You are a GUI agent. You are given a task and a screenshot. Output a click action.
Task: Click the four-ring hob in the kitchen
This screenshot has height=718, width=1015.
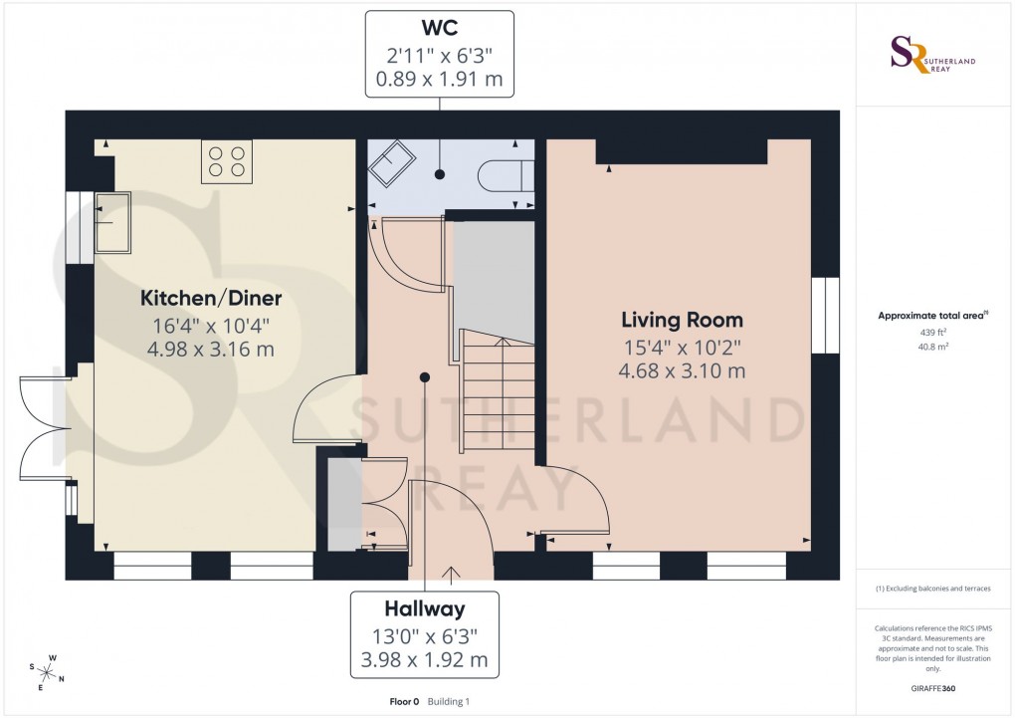pyautogui.click(x=226, y=161)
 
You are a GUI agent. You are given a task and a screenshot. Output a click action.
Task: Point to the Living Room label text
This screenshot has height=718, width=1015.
pyautogui.click(x=682, y=321)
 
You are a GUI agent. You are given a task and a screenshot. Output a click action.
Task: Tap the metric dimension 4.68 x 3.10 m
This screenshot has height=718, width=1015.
pyautogui.click(x=682, y=371)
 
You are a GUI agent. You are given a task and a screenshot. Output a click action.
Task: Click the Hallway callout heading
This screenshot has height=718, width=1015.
pyautogui.click(x=425, y=608)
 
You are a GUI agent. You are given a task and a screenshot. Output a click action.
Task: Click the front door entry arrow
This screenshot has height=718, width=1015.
pyautogui.click(x=451, y=575)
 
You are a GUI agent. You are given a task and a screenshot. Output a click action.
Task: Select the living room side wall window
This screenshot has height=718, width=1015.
pyautogui.click(x=825, y=316)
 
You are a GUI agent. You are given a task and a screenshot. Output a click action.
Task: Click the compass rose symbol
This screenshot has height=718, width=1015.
pyautogui.click(x=47, y=671)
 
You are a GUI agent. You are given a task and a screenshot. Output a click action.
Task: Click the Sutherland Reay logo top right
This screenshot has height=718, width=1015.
pyautogui.click(x=932, y=55)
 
